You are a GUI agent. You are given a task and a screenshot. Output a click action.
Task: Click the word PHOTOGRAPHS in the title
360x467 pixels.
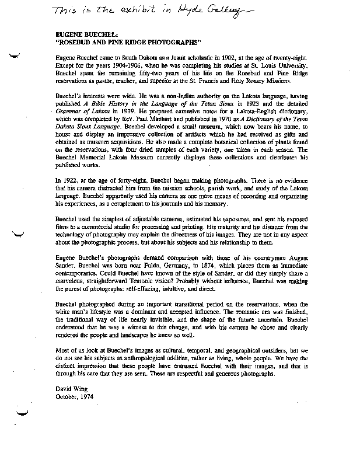click(x=173, y=43)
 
